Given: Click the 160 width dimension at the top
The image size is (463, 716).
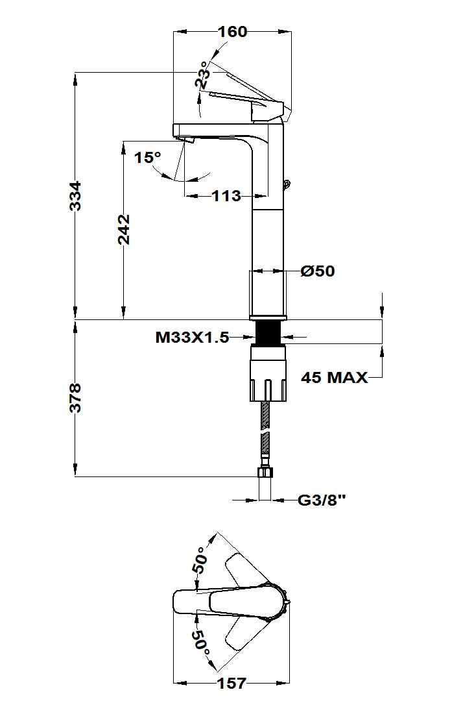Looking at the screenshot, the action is pyautogui.click(x=232, y=32).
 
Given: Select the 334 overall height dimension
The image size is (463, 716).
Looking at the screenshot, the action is pyautogui.click(x=75, y=196).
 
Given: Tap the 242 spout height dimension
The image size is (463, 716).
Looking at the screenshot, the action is pyautogui.click(x=124, y=229).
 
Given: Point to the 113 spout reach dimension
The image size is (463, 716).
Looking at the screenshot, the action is pyautogui.click(x=226, y=196).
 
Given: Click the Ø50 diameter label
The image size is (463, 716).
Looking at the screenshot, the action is pyautogui.click(x=318, y=271).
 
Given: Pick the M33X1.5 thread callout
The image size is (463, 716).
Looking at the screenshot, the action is pyautogui.click(x=192, y=338).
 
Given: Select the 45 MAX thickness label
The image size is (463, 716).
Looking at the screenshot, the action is pyautogui.click(x=335, y=378).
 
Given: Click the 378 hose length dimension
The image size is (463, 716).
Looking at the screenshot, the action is pyautogui.click(x=75, y=398).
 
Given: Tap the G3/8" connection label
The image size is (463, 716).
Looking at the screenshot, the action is pyautogui.click(x=322, y=500).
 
